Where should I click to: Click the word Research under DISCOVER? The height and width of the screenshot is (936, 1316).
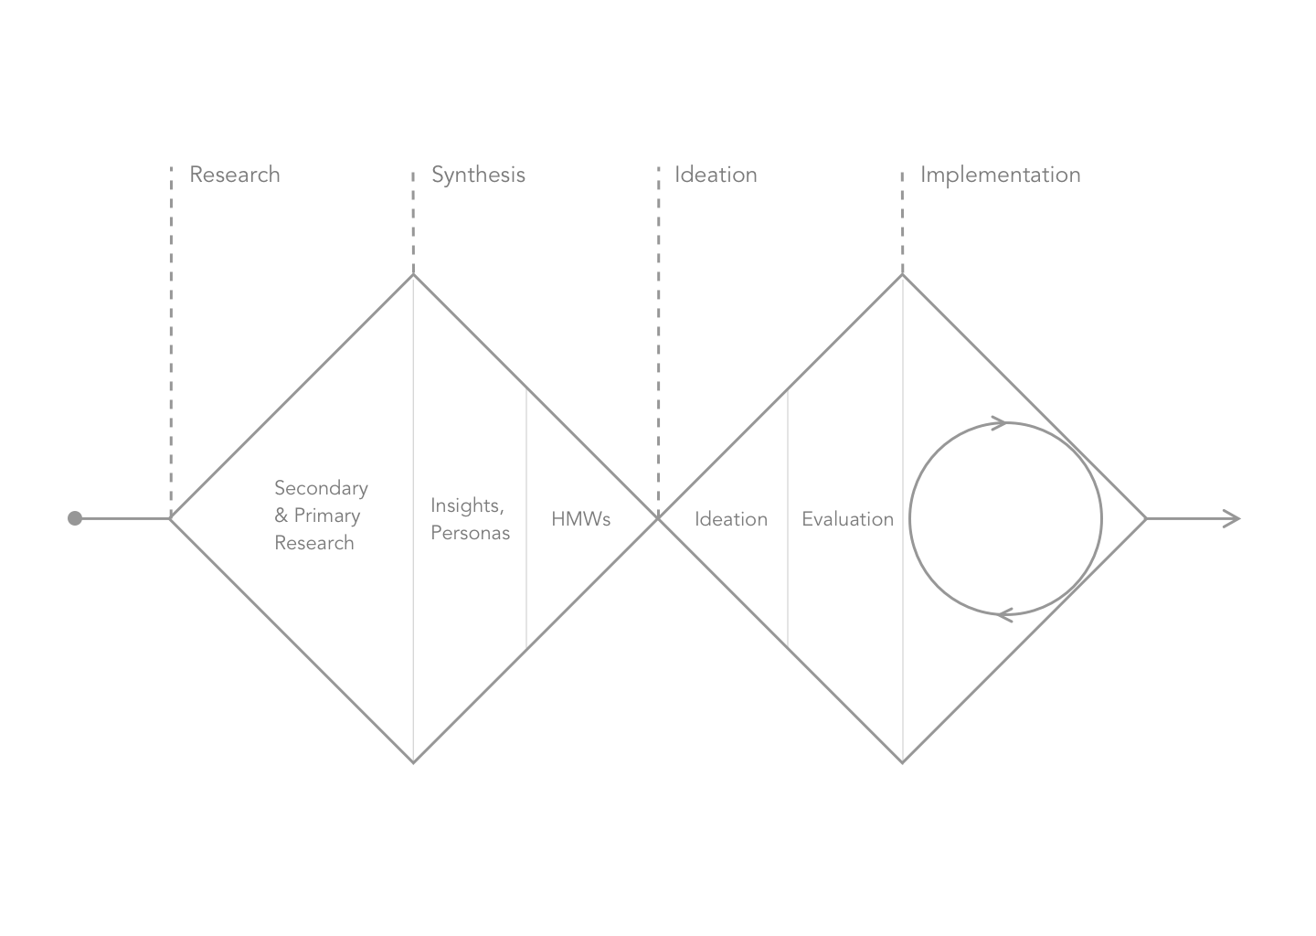235,175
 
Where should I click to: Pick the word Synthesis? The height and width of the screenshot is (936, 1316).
478,175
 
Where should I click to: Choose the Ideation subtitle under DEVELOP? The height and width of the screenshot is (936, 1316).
716,175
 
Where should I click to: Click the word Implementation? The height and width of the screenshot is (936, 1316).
1000,175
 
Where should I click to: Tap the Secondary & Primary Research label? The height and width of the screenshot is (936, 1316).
321,516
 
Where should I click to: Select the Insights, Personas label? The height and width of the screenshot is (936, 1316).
470,519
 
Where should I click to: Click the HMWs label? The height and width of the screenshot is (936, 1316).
580,519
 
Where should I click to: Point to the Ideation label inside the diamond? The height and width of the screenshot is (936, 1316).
731,519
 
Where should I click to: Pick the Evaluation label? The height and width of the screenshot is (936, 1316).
847,519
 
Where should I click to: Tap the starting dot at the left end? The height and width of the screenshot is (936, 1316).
75,518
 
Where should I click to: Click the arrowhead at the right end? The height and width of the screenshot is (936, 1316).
1234,518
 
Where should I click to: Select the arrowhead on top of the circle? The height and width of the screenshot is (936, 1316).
1000,423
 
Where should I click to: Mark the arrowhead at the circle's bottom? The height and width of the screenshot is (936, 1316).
1004,614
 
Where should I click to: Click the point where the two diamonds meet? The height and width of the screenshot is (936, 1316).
658,518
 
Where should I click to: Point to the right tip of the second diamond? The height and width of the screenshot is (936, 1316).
1146,518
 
